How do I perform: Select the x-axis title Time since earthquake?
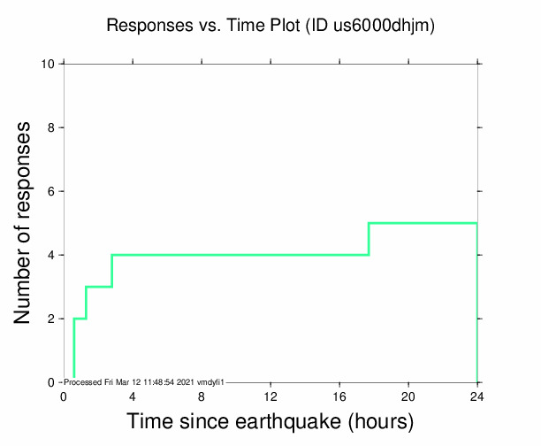point(270,422)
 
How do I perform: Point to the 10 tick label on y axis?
point(50,64)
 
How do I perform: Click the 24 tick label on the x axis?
point(477,396)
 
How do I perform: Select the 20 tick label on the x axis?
point(408,396)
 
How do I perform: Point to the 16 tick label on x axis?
point(339,396)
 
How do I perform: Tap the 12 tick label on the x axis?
point(270,396)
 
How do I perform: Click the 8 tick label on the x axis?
point(202,396)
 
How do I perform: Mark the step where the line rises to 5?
point(369,239)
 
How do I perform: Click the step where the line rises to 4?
point(111,271)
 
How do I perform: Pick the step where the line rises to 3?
point(86,303)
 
